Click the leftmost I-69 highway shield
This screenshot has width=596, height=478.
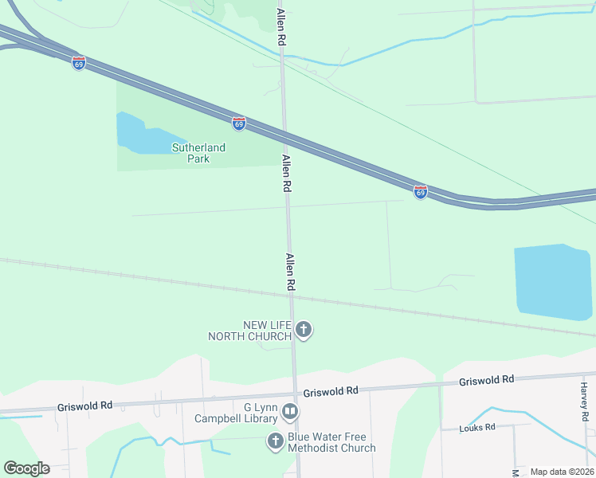(x=78, y=63)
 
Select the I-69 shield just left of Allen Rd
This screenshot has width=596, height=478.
(x=239, y=123)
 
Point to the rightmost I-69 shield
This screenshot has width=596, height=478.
(x=420, y=192)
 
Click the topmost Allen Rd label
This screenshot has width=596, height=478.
(x=280, y=25)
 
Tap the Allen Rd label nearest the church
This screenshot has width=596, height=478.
(x=291, y=272)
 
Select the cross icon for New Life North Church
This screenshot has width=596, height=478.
(x=303, y=328)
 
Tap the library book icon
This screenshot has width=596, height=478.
(x=290, y=412)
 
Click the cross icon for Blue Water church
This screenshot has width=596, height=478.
(x=275, y=441)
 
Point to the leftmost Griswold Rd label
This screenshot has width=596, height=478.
(x=84, y=406)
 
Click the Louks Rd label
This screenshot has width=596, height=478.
(x=477, y=428)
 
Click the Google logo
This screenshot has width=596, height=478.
(x=26, y=468)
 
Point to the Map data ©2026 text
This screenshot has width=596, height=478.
(x=561, y=472)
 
